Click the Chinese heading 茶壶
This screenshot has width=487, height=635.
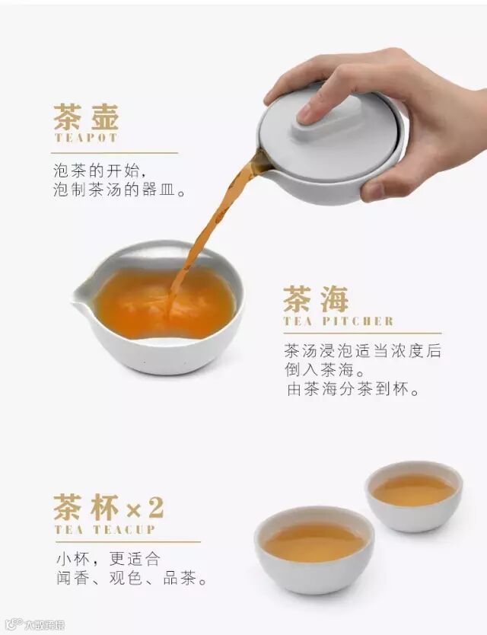click(x=86, y=117)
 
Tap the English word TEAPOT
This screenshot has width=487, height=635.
click(x=86, y=138)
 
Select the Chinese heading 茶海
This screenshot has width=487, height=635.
click(x=316, y=299)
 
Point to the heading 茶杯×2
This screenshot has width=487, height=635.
click(x=109, y=507)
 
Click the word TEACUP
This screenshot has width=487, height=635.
click(x=124, y=530)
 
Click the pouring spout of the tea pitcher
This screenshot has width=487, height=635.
click(x=83, y=293)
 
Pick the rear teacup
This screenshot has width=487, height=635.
click(x=414, y=496)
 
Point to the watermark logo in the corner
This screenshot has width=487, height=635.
click(x=36, y=625)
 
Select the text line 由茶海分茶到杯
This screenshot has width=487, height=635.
click(x=352, y=389)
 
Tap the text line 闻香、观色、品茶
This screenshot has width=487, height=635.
click(x=132, y=578)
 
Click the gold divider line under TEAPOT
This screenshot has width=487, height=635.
click(x=114, y=153)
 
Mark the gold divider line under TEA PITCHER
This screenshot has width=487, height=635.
click(x=362, y=333)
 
